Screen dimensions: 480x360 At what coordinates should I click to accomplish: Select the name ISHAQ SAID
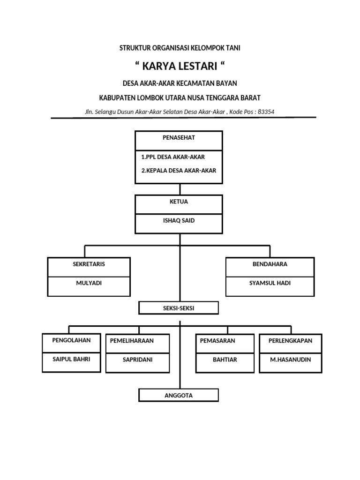[179, 220]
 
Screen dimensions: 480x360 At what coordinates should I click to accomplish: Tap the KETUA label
[178, 201]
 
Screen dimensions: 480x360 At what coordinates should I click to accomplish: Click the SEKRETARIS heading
[89, 264]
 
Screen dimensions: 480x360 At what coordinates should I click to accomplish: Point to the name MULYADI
[89, 284]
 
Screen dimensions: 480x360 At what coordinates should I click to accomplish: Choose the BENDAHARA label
[270, 264]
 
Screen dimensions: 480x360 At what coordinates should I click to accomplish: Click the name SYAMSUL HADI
[270, 284]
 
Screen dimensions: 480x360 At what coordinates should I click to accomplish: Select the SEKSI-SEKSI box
[179, 308]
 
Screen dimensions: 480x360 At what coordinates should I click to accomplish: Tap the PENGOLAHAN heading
[71, 340]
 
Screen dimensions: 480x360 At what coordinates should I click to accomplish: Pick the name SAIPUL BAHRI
[71, 360]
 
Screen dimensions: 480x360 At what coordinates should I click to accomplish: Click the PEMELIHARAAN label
[132, 341]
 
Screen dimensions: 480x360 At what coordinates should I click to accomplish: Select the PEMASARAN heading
[217, 341]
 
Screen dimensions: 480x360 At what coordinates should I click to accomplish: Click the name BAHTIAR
[224, 360]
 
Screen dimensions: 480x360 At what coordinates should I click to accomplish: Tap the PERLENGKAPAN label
[290, 341]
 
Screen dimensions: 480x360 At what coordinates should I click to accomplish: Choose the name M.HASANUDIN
[290, 360]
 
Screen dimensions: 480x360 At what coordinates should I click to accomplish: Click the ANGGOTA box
[179, 396]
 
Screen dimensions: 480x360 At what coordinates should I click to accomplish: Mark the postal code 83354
[266, 112]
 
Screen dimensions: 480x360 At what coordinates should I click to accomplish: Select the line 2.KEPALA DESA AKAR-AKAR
[179, 171]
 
